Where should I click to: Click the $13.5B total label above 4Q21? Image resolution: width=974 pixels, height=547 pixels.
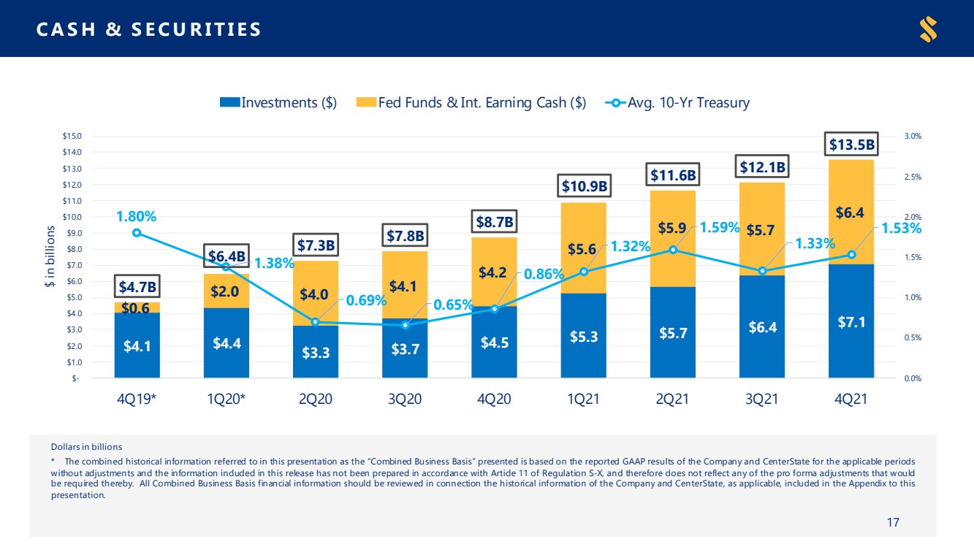(x=851, y=145)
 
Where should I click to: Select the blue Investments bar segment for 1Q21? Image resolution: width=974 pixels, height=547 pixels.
(x=584, y=335)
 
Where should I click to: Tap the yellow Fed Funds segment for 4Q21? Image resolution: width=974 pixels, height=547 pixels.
(x=851, y=212)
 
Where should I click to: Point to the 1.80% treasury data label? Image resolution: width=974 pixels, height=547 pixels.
(x=136, y=216)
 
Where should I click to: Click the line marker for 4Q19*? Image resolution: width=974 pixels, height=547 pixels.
(x=137, y=233)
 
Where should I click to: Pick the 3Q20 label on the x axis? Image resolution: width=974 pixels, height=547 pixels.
(x=405, y=399)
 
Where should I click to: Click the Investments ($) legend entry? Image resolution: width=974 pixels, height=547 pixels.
(x=278, y=102)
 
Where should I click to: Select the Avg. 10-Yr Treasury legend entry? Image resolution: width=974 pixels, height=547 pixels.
(x=677, y=102)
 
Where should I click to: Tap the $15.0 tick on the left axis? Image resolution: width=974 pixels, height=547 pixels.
(x=72, y=136)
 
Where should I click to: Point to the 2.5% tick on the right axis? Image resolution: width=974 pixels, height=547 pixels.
(x=913, y=177)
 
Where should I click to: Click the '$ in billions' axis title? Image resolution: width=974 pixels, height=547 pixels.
(x=50, y=256)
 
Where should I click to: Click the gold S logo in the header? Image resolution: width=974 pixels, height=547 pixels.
(x=929, y=29)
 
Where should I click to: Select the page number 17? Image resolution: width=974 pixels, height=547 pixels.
(x=893, y=522)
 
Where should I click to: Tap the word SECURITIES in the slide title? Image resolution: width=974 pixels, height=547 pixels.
(x=196, y=29)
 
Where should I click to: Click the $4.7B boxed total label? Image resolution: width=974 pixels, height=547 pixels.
(x=137, y=287)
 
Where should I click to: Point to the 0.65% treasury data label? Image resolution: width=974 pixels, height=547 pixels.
(x=452, y=305)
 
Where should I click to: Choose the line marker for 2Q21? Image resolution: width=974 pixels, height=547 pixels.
(x=673, y=250)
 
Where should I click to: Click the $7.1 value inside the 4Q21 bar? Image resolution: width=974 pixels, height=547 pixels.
(x=851, y=322)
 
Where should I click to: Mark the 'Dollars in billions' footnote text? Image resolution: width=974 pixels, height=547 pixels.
(x=86, y=447)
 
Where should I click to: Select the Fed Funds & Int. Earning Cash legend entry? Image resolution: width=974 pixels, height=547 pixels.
(x=471, y=102)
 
